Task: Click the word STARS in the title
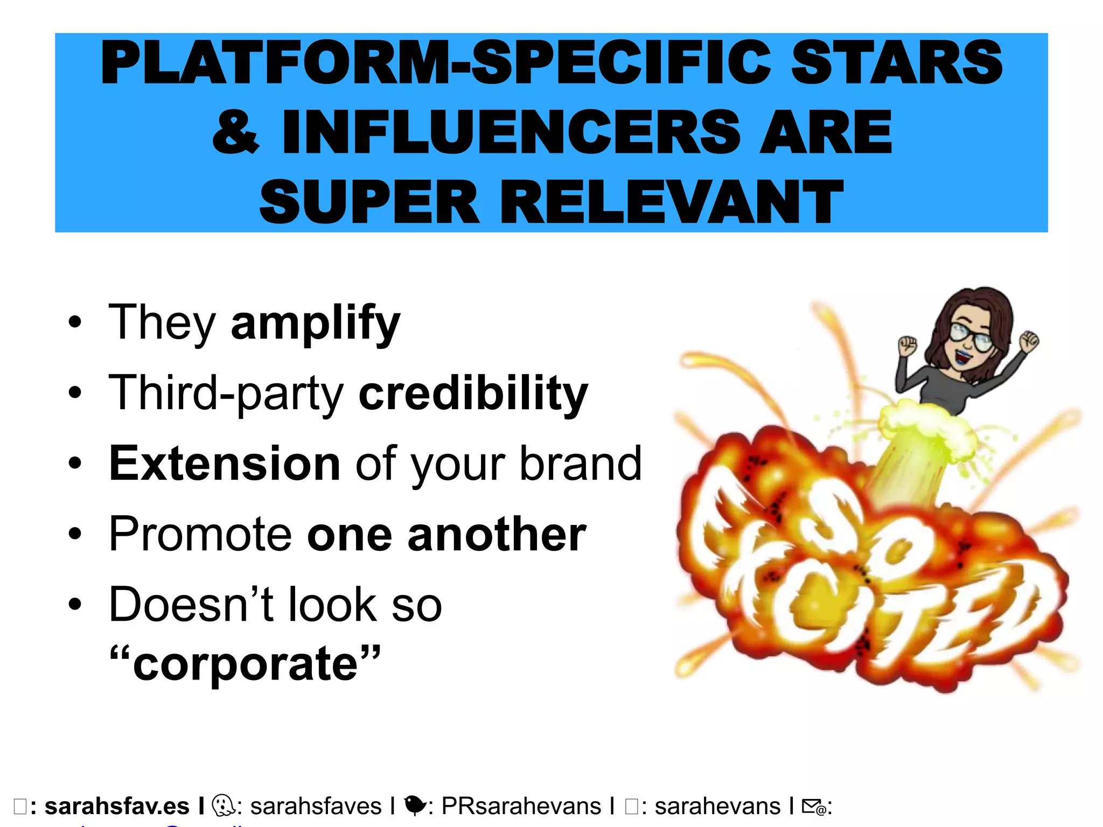[x=896, y=62]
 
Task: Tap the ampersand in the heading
[x=236, y=131]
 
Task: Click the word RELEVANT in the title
[x=672, y=202]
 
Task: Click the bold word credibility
[x=473, y=394]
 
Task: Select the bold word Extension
[x=225, y=464]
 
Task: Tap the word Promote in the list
[x=200, y=534]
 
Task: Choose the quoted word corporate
[x=245, y=663]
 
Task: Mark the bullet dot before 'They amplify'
[x=75, y=323]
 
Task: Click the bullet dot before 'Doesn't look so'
[x=75, y=605]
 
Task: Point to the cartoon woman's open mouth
[x=959, y=356]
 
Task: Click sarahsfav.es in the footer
[x=117, y=807]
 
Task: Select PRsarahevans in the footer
[x=521, y=807]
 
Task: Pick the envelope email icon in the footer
[x=813, y=807]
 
